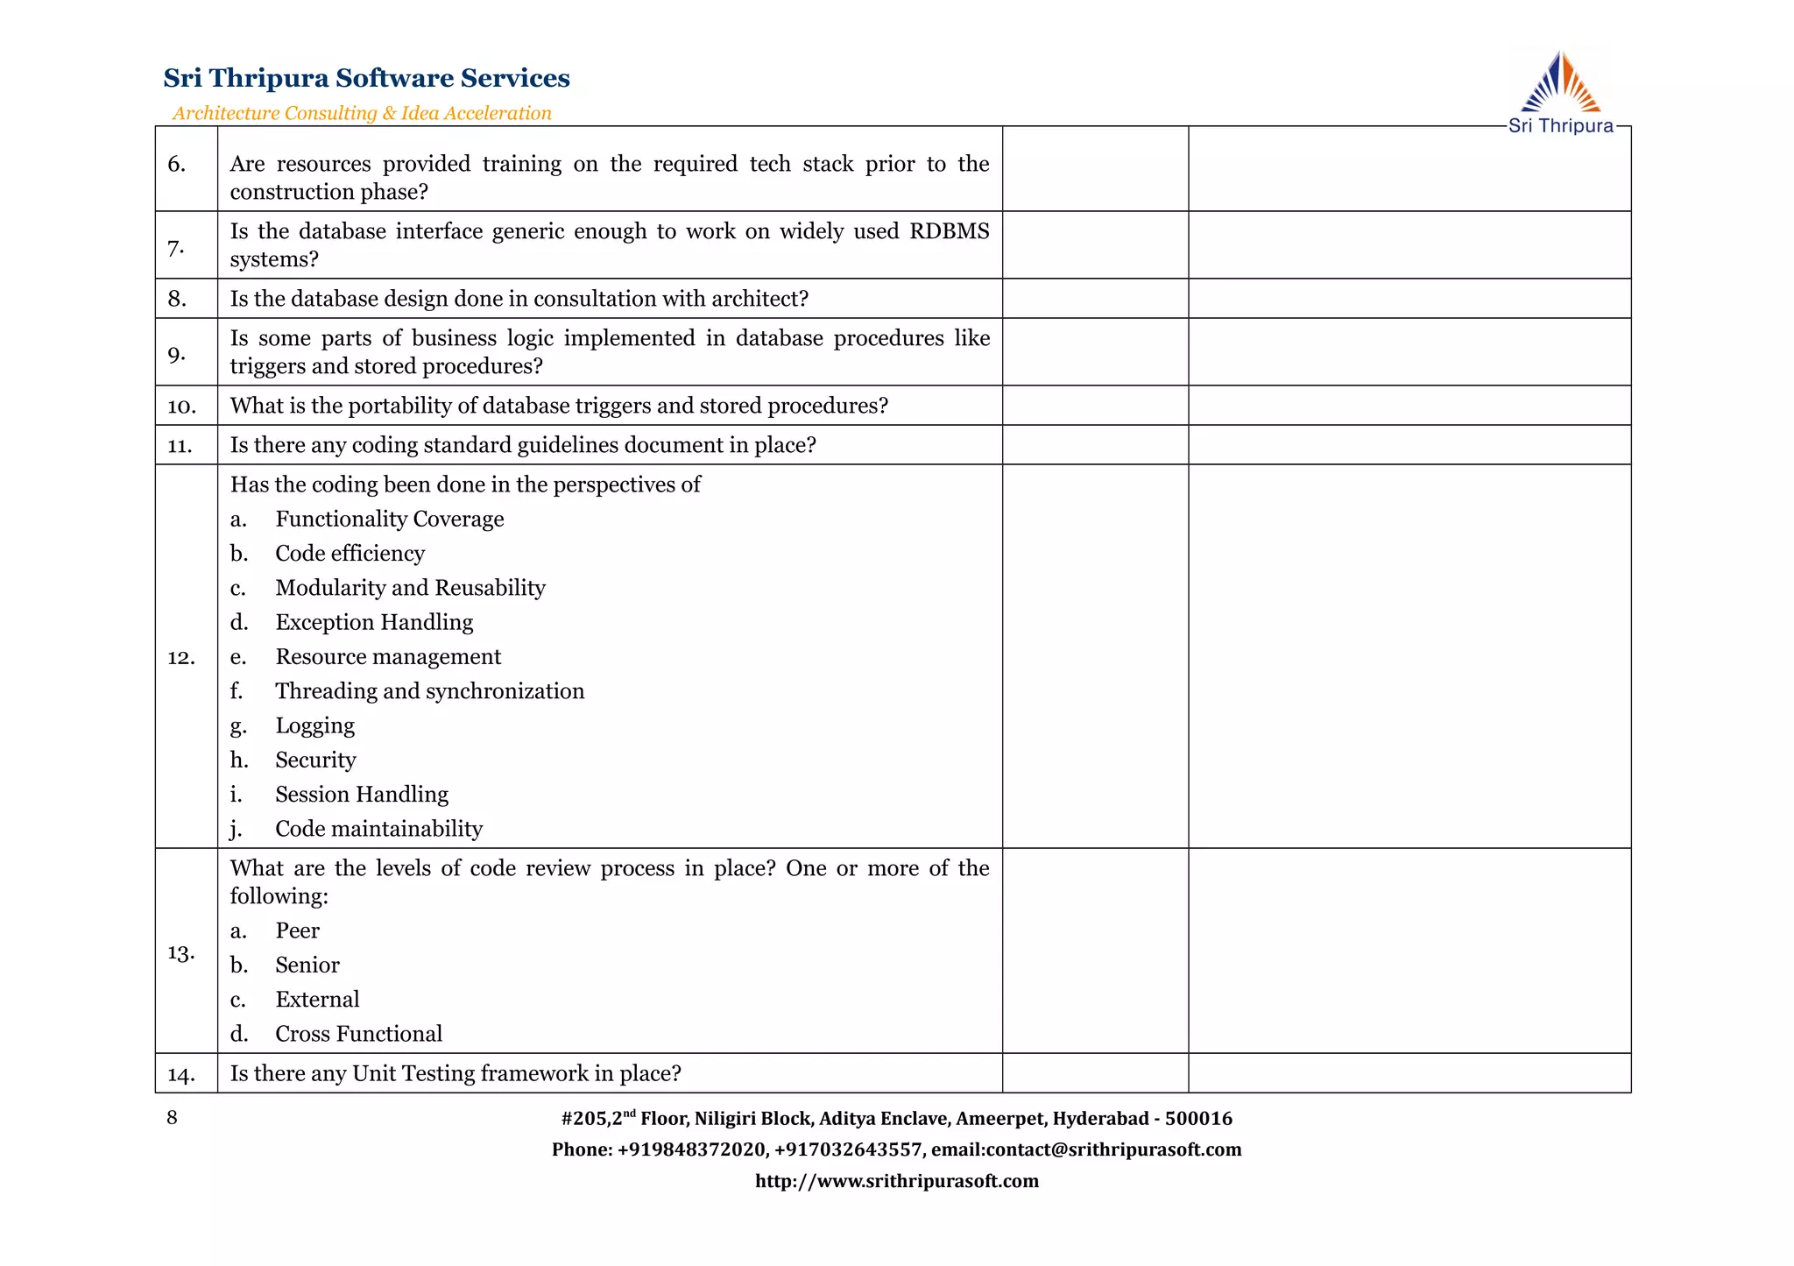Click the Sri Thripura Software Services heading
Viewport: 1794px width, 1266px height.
click(366, 78)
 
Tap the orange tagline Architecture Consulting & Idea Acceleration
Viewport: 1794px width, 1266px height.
click(362, 113)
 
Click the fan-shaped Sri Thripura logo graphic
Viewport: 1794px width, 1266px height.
click(1560, 82)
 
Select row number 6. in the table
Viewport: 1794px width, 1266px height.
click(177, 165)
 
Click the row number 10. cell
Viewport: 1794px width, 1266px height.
click(181, 407)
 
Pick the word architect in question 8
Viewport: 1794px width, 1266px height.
click(759, 299)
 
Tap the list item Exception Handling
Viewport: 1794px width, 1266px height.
click(374, 622)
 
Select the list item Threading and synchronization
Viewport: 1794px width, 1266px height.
click(429, 691)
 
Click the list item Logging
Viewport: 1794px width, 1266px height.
click(315, 725)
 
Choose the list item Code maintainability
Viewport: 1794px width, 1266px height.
click(378, 829)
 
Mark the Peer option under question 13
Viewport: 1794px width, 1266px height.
click(297, 930)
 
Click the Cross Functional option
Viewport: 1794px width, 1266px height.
click(358, 1034)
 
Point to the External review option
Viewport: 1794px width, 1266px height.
click(317, 1000)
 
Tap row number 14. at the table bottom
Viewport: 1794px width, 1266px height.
click(181, 1075)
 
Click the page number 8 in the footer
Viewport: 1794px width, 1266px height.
click(172, 1117)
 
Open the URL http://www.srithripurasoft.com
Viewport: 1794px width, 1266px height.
click(896, 1181)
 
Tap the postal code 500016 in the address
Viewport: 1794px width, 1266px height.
click(1198, 1119)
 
